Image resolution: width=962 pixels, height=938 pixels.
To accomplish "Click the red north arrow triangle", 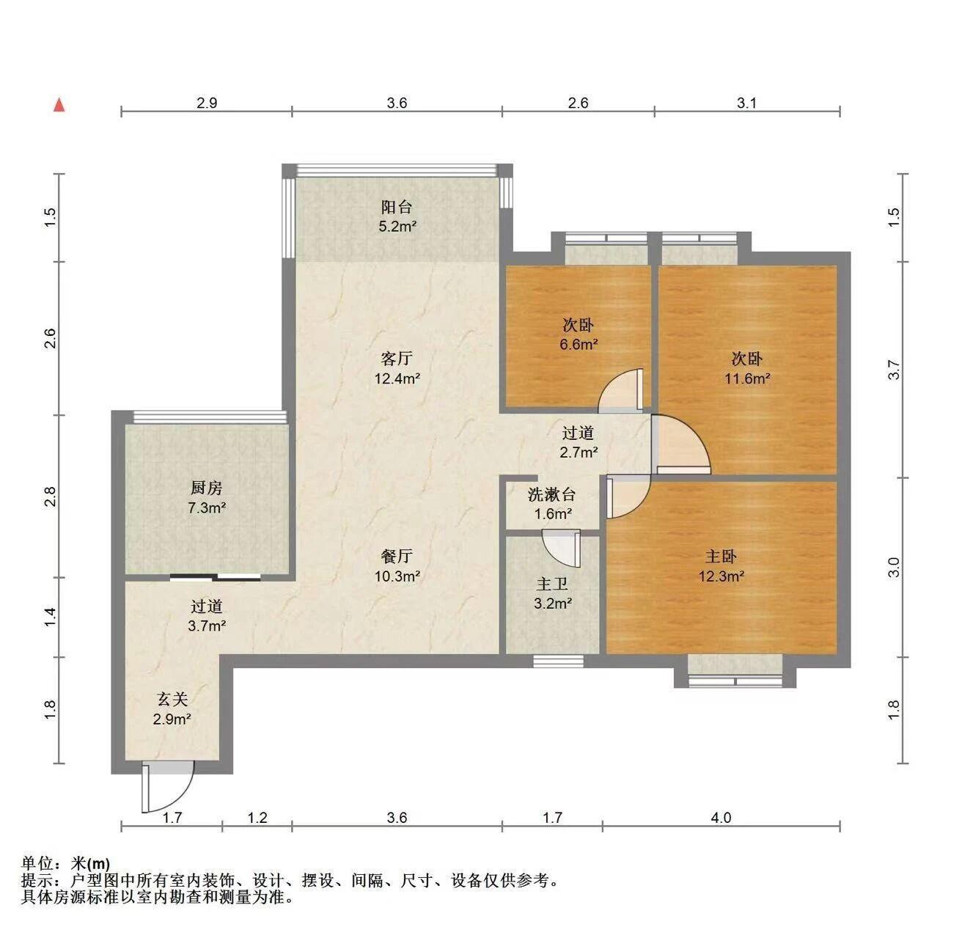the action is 59,105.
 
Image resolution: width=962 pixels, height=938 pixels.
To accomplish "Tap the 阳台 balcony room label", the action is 397,206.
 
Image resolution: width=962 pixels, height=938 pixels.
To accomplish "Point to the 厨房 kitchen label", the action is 207,488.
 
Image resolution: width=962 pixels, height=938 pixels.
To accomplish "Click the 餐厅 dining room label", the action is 397,557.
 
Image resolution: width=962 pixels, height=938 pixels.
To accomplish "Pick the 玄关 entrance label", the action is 172,699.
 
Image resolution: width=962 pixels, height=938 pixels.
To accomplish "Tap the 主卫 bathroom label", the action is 552,584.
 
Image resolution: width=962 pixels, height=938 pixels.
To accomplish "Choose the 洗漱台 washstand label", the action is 551,494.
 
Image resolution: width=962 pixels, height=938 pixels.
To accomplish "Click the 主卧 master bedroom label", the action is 721,557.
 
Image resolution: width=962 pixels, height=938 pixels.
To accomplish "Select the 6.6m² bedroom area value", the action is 579,344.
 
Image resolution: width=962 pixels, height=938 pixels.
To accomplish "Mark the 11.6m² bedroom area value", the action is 747,378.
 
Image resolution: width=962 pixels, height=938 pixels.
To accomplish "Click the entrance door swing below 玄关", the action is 167,787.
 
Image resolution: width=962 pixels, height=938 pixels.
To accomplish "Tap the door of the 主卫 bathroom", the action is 561,549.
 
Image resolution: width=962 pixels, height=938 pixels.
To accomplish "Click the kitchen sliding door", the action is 215,576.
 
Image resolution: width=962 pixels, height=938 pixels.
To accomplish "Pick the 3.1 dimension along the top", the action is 746,103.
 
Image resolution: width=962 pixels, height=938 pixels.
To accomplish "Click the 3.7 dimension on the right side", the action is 895,370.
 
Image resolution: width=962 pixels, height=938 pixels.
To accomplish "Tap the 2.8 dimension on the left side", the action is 51,497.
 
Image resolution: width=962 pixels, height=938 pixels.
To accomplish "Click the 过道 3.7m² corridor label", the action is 207,616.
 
